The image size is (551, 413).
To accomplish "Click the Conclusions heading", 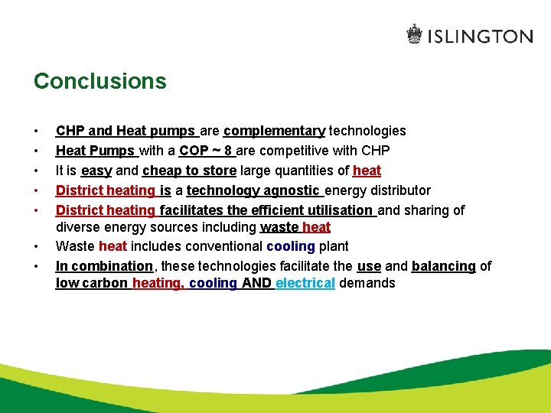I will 99,81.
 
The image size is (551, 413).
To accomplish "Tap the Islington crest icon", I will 414,34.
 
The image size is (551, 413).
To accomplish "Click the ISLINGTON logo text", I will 480,36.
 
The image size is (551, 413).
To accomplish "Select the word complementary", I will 274,131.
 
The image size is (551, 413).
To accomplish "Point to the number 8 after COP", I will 228,151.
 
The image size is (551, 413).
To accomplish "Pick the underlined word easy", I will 96,171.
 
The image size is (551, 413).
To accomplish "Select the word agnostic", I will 291,190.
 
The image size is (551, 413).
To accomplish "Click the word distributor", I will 397,190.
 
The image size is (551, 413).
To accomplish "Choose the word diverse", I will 78,227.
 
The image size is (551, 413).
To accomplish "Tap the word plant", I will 334,246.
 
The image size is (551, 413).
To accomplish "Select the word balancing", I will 443,266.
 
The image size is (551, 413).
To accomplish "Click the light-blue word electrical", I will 305,283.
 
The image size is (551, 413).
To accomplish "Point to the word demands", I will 367,283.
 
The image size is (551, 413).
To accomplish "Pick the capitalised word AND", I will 257,283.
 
